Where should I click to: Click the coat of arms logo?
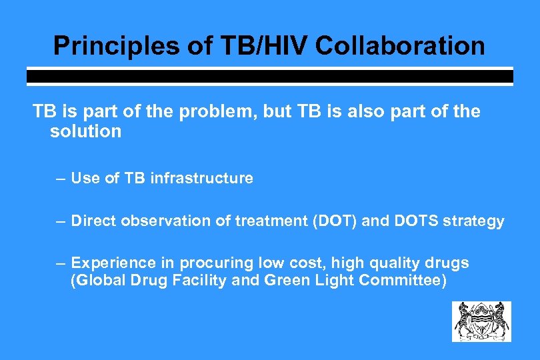tap(481, 321)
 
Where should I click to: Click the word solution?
tap(85, 131)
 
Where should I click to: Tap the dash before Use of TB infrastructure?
tap(61, 178)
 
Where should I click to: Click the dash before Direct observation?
tap(61, 221)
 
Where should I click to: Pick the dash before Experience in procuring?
tap(61, 263)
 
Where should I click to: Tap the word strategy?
tap(475, 221)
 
